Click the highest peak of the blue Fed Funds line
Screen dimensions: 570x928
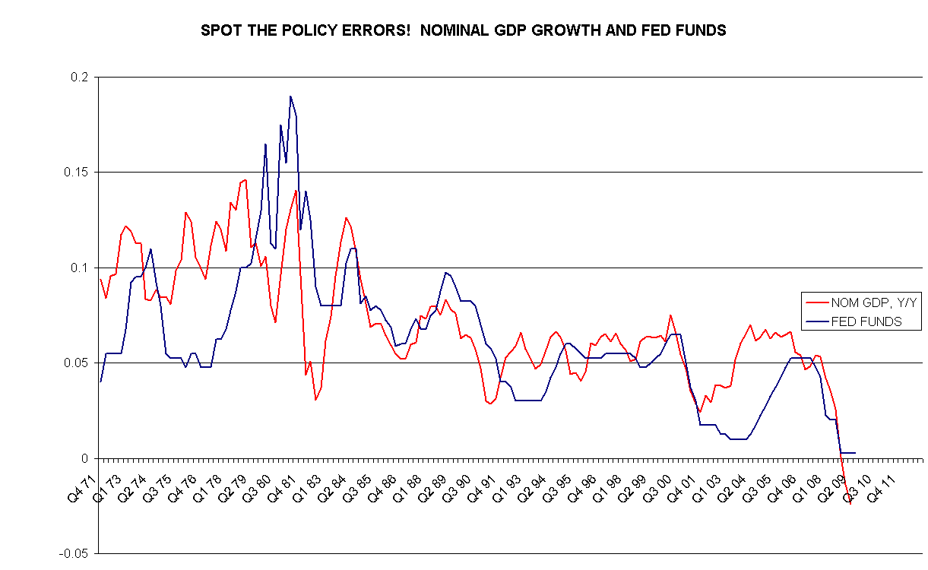click(x=290, y=97)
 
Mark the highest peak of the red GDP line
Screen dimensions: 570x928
click(x=245, y=179)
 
